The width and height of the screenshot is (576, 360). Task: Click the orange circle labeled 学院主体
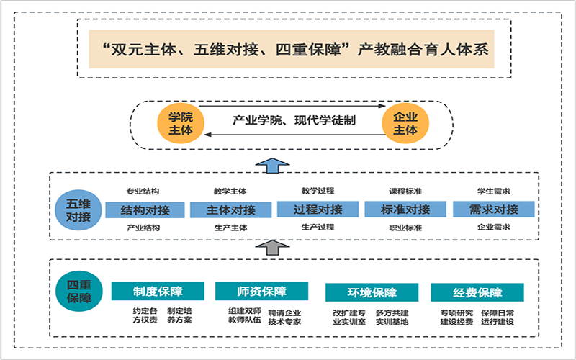[181, 124]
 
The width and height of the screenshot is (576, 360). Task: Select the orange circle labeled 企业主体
[405, 123]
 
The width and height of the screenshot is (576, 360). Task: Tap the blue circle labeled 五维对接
[78, 210]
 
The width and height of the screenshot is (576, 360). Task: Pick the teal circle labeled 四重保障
[78, 292]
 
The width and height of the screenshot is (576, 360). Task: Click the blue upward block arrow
[272, 166]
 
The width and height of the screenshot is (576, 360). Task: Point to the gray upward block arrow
[272, 248]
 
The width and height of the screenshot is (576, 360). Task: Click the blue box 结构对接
[145, 210]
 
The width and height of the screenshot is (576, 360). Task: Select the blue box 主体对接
[230, 210]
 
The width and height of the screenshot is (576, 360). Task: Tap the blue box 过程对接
[318, 210]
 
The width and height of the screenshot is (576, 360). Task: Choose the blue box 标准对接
[405, 210]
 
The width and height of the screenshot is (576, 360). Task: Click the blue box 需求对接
[494, 210]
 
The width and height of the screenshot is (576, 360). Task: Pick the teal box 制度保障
[158, 292]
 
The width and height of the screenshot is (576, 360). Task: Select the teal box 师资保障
[261, 292]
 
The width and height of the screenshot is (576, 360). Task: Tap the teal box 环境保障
[372, 292]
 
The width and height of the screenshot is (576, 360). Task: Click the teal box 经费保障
[477, 292]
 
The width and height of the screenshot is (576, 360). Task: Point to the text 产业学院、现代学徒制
[294, 120]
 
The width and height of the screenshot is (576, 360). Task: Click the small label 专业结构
[143, 191]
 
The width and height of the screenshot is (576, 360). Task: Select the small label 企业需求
[494, 227]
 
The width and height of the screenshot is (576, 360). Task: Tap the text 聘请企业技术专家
[284, 318]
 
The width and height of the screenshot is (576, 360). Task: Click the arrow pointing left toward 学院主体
[294, 135]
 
